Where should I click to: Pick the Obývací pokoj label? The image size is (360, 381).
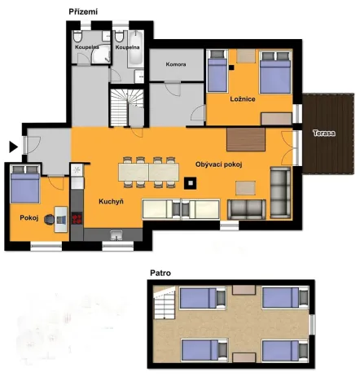click(219, 164)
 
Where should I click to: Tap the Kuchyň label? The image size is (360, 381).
click(111, 201)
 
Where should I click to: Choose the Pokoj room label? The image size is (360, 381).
click(29, 217)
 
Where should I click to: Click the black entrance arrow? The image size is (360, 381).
click(12, 147)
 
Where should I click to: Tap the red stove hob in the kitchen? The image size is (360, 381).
click(78, 217)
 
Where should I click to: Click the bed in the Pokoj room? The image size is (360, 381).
click(25, 186)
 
